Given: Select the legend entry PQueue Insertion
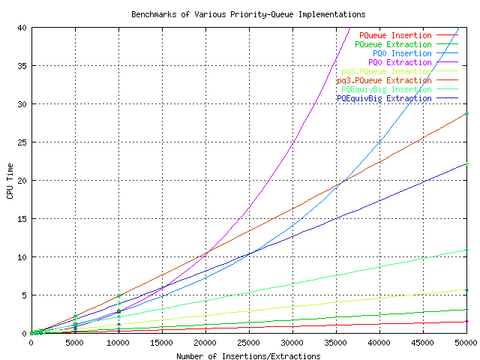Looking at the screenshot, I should pos(395,35).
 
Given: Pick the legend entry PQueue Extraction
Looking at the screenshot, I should pos(393,44).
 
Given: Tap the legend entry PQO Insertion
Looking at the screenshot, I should pos(402,53).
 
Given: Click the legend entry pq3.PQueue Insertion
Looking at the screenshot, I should pos(386,71).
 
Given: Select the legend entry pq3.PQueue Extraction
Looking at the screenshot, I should pos(384,80).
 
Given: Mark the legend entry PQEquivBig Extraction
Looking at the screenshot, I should pos(384,98).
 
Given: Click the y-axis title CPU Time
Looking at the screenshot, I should pos(10,180).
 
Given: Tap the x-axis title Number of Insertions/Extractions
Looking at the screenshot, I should pos(248,356).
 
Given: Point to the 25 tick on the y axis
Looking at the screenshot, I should pos(22,142).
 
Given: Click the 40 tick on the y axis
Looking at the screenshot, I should pos(22,27).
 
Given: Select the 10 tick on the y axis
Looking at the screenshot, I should pos(22,256).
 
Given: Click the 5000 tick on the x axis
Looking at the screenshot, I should pos(74,343).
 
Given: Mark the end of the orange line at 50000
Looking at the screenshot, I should pos(466,112).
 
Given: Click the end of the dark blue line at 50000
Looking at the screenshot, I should pos(466,163).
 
